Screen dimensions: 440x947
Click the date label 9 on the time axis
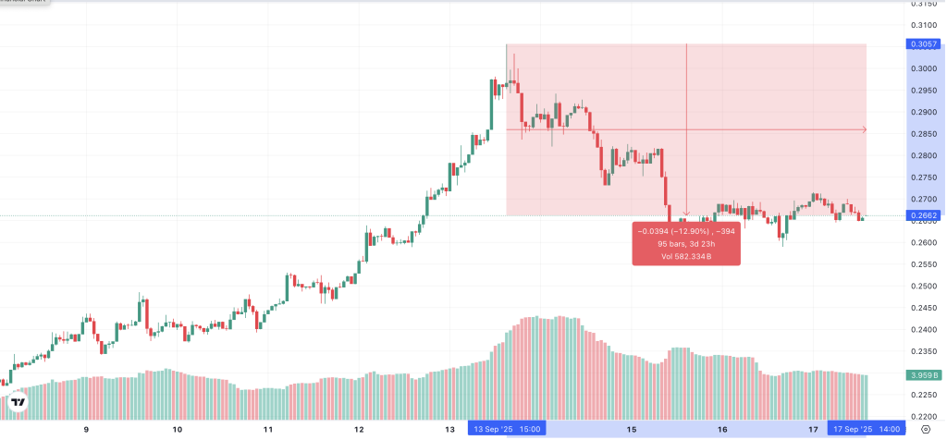pyautogui.click(x=86, y=430)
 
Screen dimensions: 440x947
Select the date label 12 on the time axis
pyautogui.click(x=359, y=430)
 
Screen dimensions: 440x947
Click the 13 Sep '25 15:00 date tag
pyautogui.click(x=508, y=429)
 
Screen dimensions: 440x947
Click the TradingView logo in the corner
pyautogui.click(x=18, y=403)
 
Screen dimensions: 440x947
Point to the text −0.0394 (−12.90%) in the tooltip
pyautogui.click(x=674, y=231)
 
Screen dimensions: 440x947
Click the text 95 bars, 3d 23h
pyautogui.click(x=685, y=244)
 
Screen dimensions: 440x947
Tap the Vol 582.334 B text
pyautogui.click(x=685, y=256)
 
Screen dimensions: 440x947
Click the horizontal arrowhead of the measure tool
pyautogui.click(x=864, y=129)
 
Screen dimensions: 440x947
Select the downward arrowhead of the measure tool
pyautogui.click(x=686, y=213)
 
